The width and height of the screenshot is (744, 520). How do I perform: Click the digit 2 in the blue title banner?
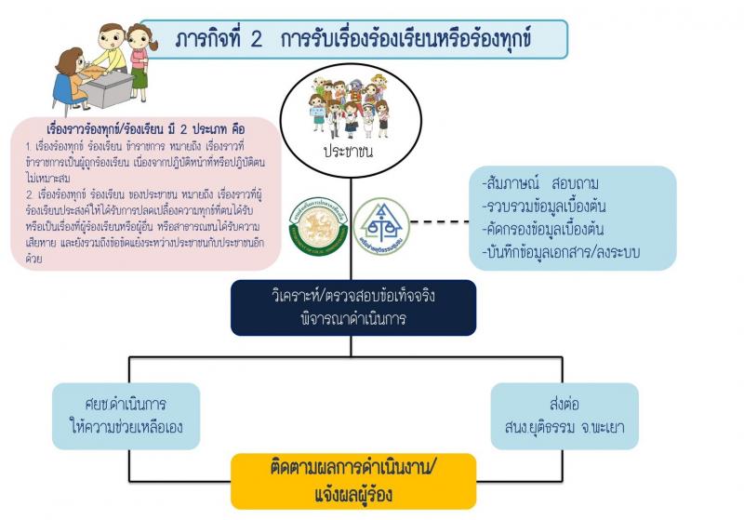click(256, 40)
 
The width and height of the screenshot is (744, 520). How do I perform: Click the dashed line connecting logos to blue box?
click(434, 222)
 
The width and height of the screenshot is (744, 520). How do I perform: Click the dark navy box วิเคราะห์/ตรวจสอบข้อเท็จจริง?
click(353, 308)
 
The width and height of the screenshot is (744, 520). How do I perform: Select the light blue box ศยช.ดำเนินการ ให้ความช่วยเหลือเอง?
click(126, 415)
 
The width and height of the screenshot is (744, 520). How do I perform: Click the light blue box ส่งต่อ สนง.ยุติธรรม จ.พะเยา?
click(565, 415)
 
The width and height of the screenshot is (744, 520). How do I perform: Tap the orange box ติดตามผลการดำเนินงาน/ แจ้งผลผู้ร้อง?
click(353, 480)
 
